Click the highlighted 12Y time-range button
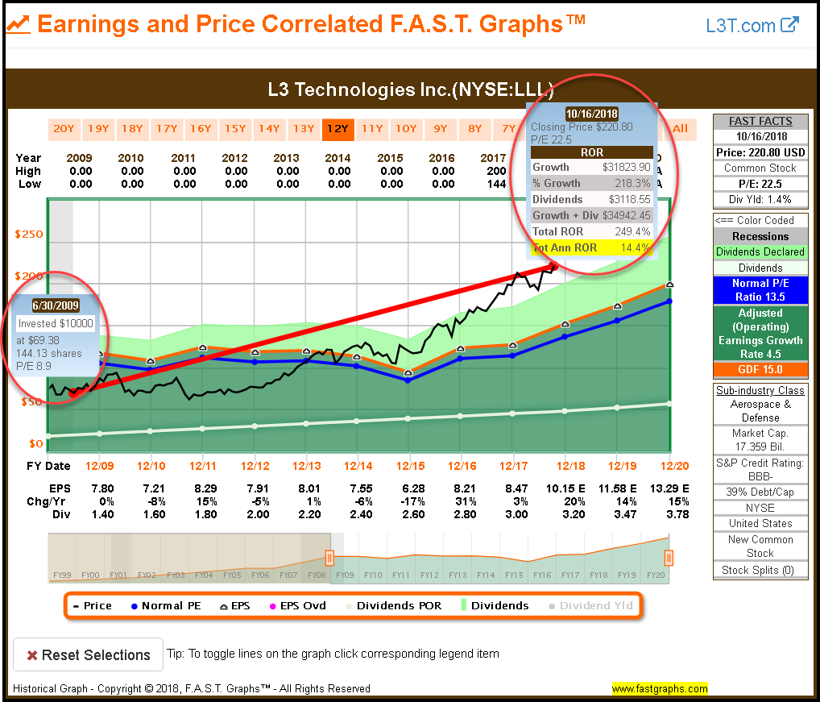coord(338,128)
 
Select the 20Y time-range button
coord(64,128)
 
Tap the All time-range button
coord(680,128)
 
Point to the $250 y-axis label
coord(28,235)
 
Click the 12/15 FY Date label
coord(410,466)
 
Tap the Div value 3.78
coord(677,514)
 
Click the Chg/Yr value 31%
coord(462,501)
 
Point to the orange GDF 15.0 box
coord(760,370)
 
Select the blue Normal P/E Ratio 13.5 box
coord(760,289)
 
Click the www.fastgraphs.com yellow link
coord(660,689)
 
